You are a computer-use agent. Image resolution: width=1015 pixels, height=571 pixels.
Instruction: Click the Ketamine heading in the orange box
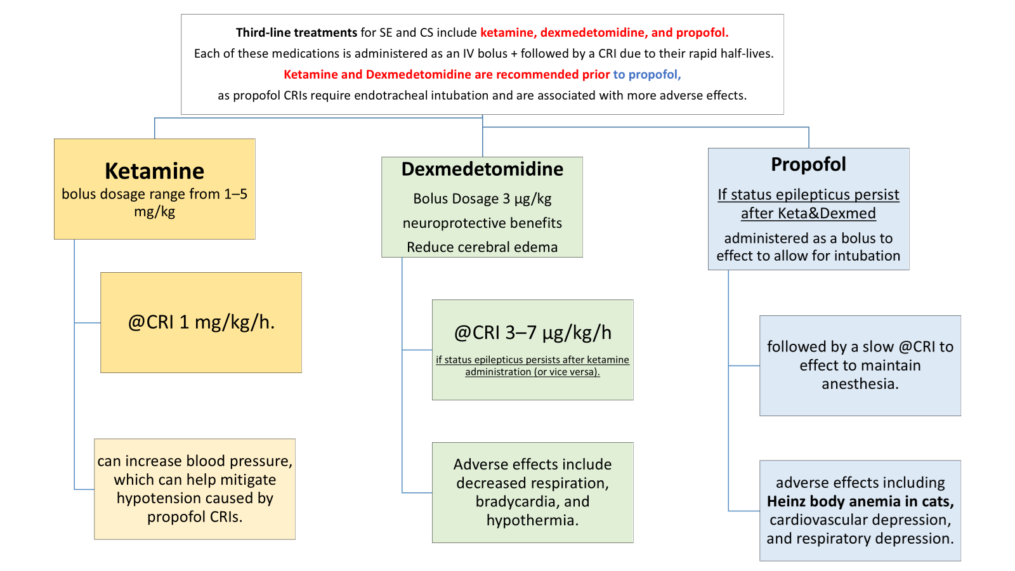coord(154,171)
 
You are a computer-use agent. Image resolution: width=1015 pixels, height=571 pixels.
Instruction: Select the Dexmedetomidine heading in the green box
coord(482,169)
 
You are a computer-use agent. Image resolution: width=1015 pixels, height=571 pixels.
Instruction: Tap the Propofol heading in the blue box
coord(808,164)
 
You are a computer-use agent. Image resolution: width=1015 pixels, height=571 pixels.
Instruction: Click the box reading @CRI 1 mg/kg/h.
coord(201,322)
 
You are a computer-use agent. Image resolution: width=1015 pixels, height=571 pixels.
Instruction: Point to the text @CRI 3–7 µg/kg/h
coord(533,332)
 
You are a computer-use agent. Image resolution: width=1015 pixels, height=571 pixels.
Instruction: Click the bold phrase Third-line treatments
coord(296,32)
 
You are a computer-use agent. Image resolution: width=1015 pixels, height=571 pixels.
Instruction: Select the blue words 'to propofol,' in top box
coord(646,74)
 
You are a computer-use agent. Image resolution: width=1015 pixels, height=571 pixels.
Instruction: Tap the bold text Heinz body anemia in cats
coord(860,501)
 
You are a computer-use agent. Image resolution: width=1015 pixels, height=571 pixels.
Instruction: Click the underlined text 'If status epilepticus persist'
coord(808,195)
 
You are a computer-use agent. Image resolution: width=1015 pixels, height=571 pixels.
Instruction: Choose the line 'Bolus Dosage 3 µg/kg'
coord(482,199)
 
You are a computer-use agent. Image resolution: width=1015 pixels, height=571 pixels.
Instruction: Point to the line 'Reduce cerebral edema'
coord(482,247)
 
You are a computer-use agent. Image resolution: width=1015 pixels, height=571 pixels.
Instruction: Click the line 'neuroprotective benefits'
coord(482,223)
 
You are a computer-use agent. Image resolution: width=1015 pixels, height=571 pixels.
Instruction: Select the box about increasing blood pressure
coord(195,489)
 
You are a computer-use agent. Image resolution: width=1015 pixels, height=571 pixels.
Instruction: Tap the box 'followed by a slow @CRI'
coord(860,365)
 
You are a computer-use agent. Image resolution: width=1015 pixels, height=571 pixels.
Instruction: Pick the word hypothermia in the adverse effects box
coord(531,520)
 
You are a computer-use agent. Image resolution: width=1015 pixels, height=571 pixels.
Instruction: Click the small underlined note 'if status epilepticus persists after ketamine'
coord(532,360)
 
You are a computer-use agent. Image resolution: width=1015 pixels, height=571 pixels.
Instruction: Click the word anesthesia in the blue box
coord(860,384)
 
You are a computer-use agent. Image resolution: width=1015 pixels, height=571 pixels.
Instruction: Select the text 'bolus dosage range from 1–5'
coord(154,194)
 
